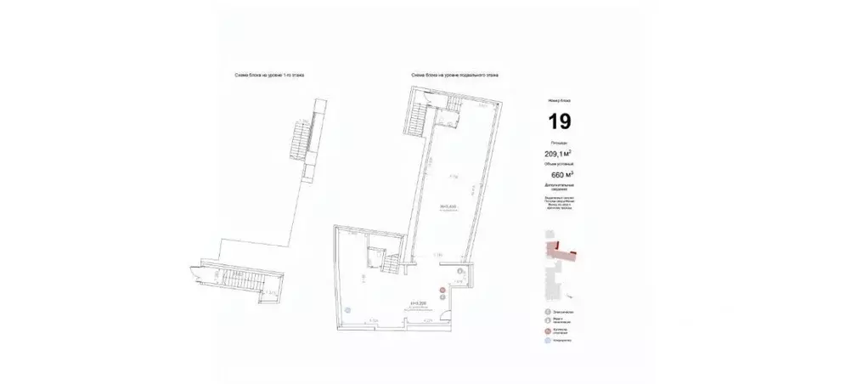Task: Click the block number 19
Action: (x=559, y=121)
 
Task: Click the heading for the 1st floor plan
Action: (x=269, y=76)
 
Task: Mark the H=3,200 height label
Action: (x=417, y=301)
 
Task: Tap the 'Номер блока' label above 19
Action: (x=559, y=100)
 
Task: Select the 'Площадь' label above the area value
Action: (x=558, y=144)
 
